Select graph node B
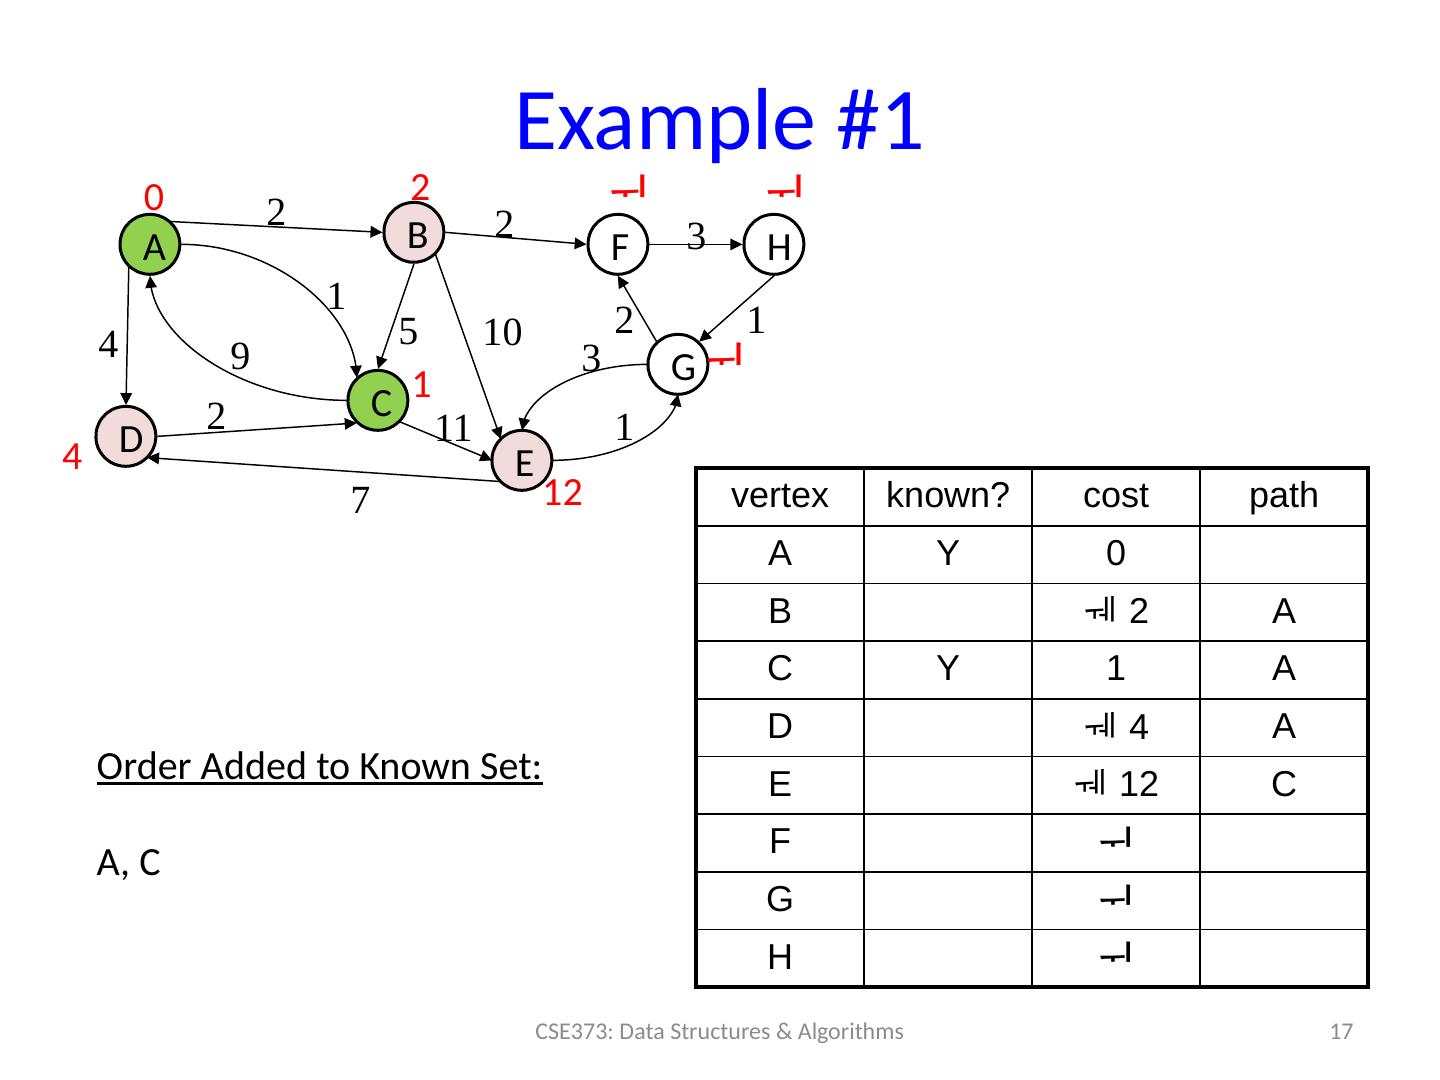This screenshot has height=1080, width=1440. pyautogui.click(x=417, y=234)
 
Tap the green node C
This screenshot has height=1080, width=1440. pyautogui.click(x=379, y=402)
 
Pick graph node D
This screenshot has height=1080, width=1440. pyautogui.click(x=128, y=438)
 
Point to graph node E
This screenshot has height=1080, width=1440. pyautogui.click(x=523, y=461)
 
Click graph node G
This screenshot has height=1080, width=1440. pyautogui.click(x=682, y=367)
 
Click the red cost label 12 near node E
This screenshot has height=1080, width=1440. pyautogui.click(x=563, y=493)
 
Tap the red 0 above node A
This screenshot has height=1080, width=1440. pyautogui.click(x=153, y=197)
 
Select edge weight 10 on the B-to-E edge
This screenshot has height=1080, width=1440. pyautogui.click(x=502, y=332)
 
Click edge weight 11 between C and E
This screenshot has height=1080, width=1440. pyautogui.click(x=453, y=428)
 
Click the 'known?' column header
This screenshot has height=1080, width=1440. pyautogui.click(x=948, y=496)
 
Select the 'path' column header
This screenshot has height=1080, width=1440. pyautogui.click(x=1284, y=496)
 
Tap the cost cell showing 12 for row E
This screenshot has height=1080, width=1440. pyautogui.click(x=1116, y=785)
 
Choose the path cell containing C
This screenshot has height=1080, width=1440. pyautogui.click(x=1284, y=785)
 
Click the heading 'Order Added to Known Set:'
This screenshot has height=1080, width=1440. pyautogui.click(x=320, y=767)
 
